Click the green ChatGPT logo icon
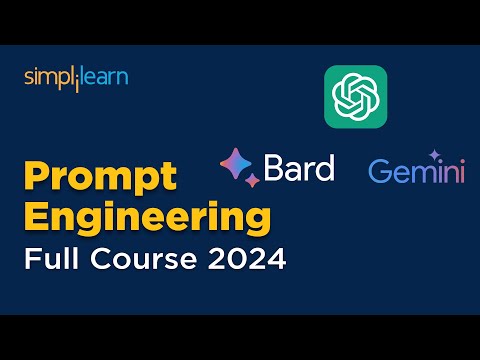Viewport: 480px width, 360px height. point(355,96)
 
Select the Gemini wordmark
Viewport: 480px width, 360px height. point(416,172)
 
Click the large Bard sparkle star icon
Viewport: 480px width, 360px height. point(238,163)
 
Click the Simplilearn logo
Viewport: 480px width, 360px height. point(76,78)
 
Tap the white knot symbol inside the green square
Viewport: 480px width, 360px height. point(355,96)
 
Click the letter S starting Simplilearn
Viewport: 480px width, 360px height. point(29,78)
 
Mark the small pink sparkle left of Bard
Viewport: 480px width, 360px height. point(251,180)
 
